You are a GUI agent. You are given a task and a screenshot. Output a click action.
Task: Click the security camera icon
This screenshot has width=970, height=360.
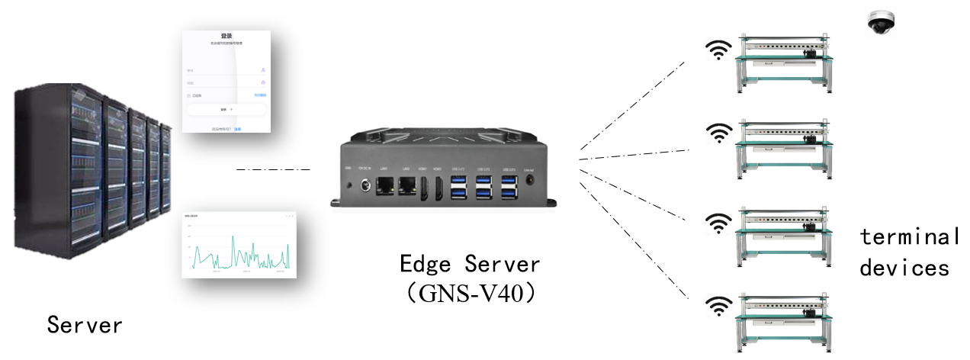pos(882,24)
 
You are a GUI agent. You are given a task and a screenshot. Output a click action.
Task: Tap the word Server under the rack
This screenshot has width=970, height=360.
pos(85,325)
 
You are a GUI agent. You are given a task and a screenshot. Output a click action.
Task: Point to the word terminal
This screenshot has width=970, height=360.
pos(910,236)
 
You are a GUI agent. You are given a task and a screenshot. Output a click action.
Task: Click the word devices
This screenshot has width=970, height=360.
pos(904,268)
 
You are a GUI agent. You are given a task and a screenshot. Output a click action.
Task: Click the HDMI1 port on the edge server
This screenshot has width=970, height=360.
pos(424,188)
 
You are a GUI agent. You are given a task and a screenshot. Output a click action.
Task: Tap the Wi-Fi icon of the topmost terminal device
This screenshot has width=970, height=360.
pos(717,50)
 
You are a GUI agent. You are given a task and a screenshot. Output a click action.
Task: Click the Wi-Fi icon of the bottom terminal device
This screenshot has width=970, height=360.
pos(717,307)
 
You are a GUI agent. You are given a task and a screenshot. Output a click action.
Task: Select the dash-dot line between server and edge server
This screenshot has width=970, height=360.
pos(273,169)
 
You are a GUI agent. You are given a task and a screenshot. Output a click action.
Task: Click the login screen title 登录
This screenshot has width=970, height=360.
pos(226,36)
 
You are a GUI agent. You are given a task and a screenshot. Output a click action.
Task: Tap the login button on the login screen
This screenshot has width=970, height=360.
pos(226,110)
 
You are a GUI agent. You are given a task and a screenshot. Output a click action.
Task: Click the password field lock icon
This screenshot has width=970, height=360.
pos(263,82)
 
